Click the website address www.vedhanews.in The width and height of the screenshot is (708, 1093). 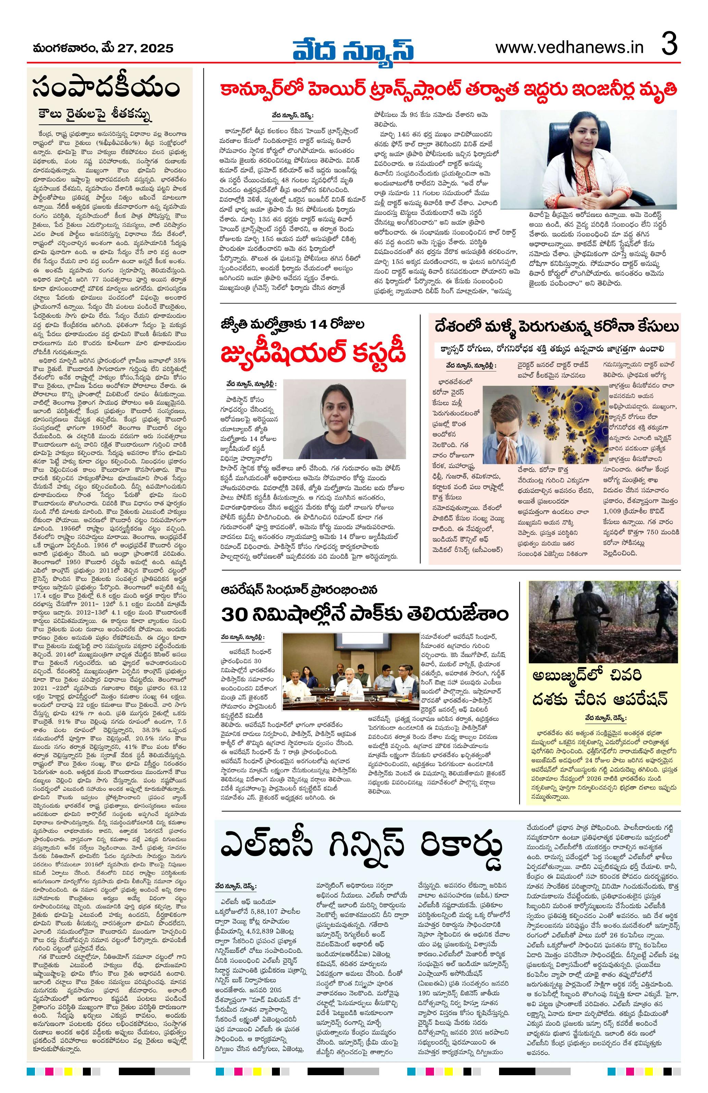(x=569, y=47)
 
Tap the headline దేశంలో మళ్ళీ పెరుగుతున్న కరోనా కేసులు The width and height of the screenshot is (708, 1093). (x=556, y=327)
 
